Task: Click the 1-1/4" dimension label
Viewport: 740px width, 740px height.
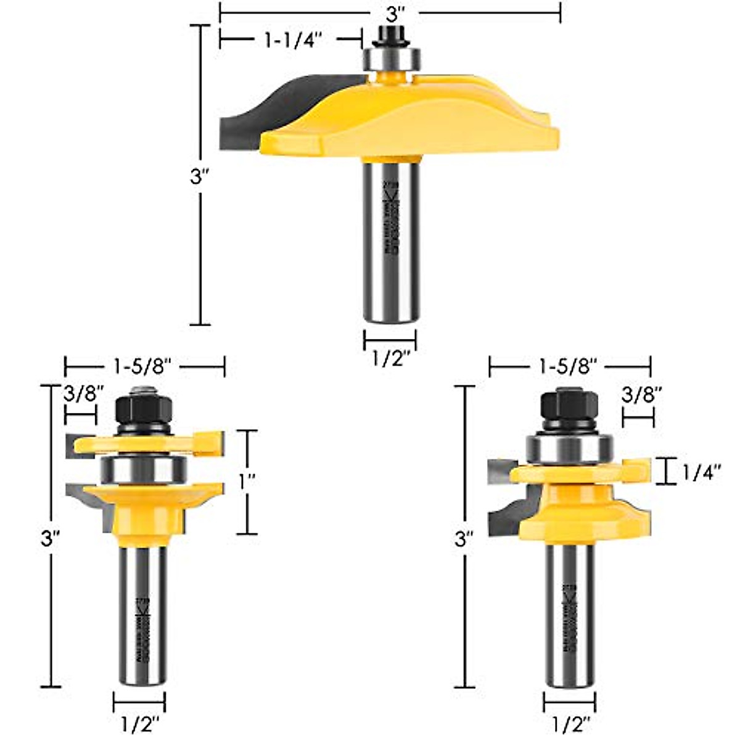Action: click(x=290, y=40)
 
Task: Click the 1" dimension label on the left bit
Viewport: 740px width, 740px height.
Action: click(x=248, y=481)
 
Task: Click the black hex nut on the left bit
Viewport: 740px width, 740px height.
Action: click(x=142, y=406)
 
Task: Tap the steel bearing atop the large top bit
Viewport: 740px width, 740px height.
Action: click(x=391, y=60)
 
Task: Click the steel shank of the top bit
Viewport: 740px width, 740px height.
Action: click(x=391, y=240)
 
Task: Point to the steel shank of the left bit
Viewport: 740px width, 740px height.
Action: click(x=142, y=617)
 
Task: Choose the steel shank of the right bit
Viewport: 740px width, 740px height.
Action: click(x=570, y=617)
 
